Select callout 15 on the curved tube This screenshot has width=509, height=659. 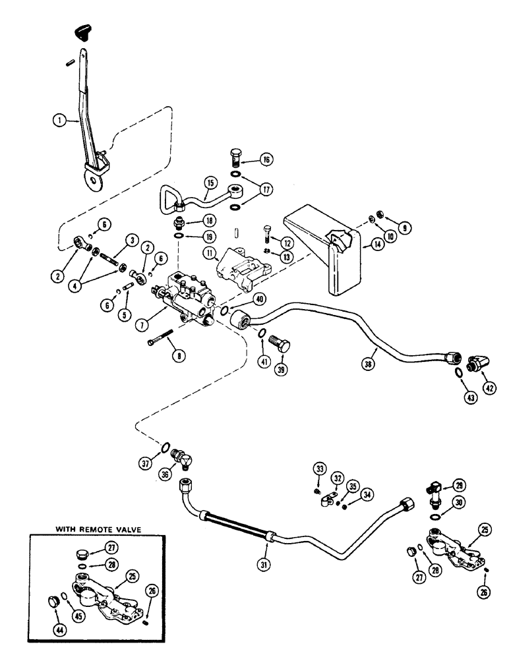[x=210, y=182]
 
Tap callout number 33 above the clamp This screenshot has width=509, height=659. [x=320, y=469]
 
